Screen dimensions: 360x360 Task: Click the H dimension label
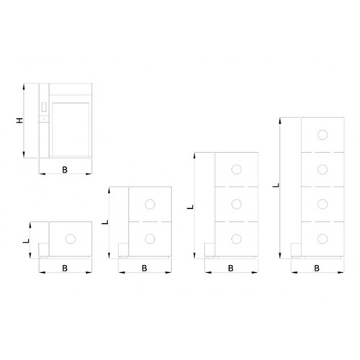pyautogui.click(x=20, y=120)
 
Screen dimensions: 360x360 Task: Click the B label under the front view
pyautogui.click(x=65, y=170)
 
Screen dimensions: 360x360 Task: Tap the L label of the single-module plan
pyautogui.click(x=26, y=240)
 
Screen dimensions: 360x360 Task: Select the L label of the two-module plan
pyautogui.click(x=105, y=222)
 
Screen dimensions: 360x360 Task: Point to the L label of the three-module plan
pyautogui.click(x=190, y=207)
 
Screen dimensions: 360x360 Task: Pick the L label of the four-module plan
pyautogui.click(x=276, y=185)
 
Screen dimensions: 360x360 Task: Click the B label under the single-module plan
pyautogui.click(x=65, y=268)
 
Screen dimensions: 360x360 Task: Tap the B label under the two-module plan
pyautogui.click(x=144, y=268)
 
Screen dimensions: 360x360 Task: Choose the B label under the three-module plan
pyautogui.click(x=230, y=268)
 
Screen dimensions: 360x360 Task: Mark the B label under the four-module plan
pyautogui.click(x=317, y=268)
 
